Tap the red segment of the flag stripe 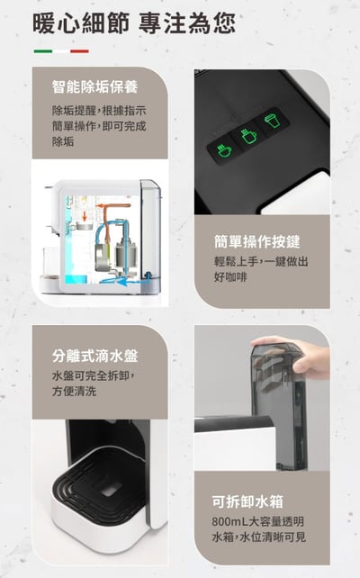pos(79,51)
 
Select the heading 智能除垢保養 pos(94,88)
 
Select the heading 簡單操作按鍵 pos(256,241)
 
